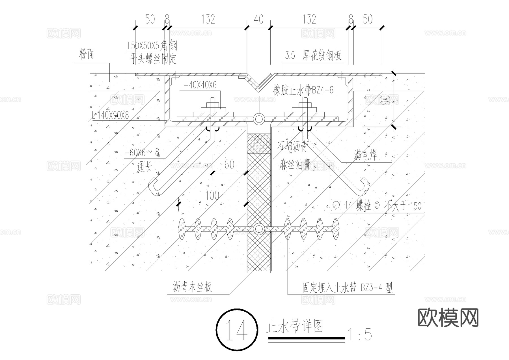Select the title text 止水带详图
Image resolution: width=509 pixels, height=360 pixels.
coord(295,327)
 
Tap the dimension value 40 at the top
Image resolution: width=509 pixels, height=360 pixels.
coord(258,19)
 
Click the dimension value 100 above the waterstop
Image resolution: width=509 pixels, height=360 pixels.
coord(212,195)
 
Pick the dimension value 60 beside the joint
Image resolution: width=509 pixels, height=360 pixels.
coord(229,164)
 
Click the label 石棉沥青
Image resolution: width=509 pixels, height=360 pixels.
coord(293,147)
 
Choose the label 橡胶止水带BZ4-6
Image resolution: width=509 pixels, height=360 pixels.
coord(303,90)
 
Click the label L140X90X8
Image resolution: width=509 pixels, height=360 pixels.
coord(110,115)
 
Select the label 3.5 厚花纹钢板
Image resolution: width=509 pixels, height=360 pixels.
coord(313,56)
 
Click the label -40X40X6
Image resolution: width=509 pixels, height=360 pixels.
coord(200,85)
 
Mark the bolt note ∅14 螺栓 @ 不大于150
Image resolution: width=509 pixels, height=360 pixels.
coord(377,205)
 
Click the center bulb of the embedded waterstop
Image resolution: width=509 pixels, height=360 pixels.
coord(258,229)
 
